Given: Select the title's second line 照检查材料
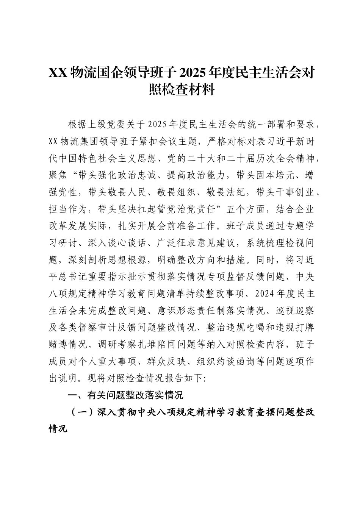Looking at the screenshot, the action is [x=180, y=90].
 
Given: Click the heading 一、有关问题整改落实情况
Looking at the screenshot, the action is [x=125, y=395].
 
